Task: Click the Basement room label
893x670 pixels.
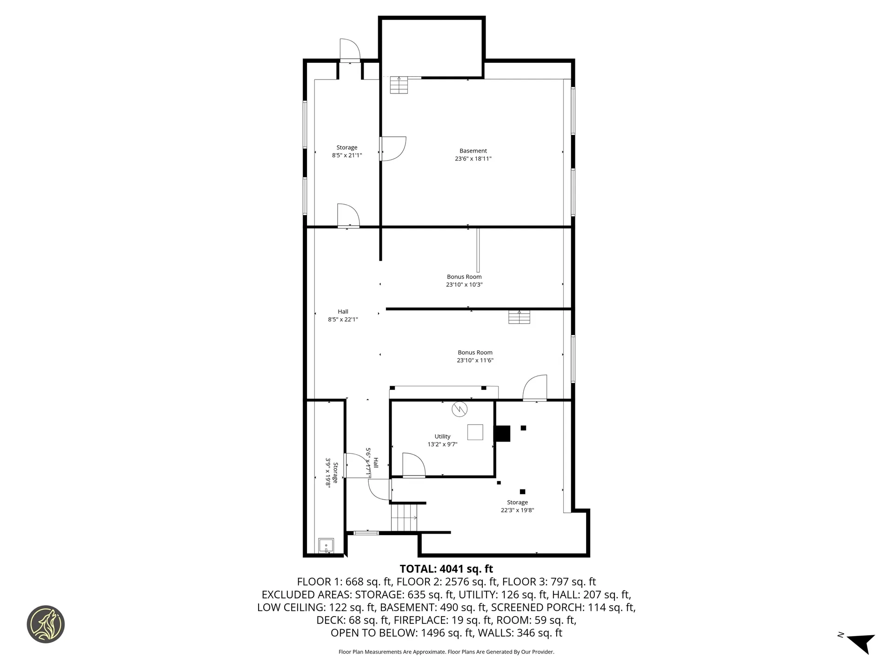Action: (473, 151)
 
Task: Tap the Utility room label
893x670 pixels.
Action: (442, 436)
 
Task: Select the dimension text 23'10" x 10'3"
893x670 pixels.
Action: (464, 285)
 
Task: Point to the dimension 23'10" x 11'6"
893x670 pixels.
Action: (475, 360)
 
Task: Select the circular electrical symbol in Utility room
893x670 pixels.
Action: (460, 409)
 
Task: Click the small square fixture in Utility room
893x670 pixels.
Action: (475, 432)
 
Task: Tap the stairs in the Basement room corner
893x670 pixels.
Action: (399, 85)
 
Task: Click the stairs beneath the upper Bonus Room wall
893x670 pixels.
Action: (519, 317)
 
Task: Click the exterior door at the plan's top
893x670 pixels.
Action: (350, 50)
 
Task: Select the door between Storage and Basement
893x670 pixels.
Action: (393, 149)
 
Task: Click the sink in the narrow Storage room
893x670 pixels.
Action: (326, 545)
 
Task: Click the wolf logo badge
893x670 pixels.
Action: (46, 624)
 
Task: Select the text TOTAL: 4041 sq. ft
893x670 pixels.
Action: (446, 569)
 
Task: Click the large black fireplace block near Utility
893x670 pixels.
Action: (502, 434)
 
